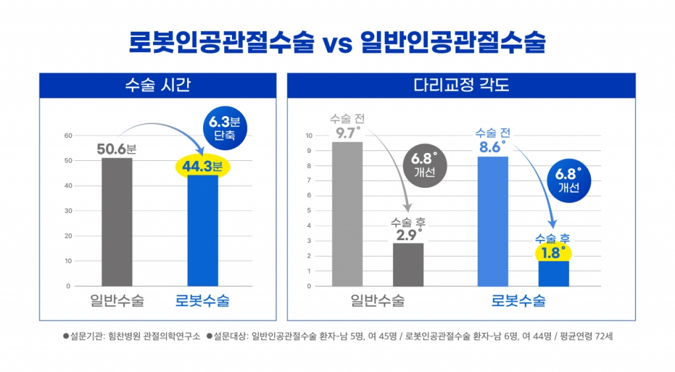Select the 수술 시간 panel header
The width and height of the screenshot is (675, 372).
click(x=157, y=85)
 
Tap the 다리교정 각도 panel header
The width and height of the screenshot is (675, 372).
click(x=461, y=85)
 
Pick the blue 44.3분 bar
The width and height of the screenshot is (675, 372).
click(x=203, y=231)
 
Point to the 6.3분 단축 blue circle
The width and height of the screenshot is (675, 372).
click(x=223, y=129)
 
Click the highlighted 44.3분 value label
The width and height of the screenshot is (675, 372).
click(x=203, y=166)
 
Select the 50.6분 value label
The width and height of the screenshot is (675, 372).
click(x=117, y=149)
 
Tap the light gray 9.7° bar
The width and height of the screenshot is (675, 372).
click(x=347, y=214)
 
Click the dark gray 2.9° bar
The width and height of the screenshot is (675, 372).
click(x=408, y=264)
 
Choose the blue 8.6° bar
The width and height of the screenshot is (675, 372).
click(x=492, y=221)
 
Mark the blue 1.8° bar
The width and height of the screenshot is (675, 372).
click(x=553, y=274)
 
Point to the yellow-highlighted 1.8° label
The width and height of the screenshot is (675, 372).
click(x=553, y=253)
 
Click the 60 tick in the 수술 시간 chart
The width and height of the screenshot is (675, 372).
click(x=67, y=136)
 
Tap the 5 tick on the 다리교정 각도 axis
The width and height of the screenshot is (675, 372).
click(x=308, y=211)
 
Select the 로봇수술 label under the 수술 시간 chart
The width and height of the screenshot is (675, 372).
click(x=202, y=301)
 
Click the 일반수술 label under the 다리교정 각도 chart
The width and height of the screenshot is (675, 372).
click(x=377, y=301)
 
